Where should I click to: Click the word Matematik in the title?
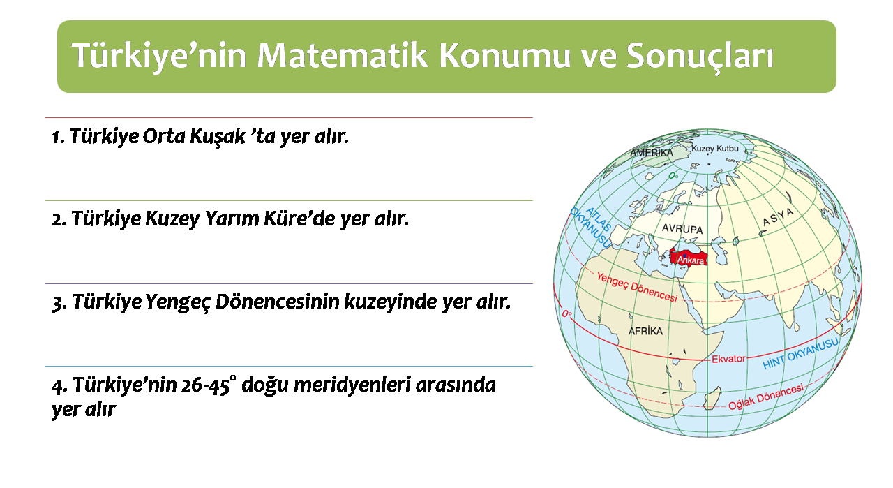click(x=343, y=55)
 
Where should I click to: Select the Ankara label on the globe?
click(x=691, y=260)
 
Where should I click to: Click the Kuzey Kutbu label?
click(x=715, y=149)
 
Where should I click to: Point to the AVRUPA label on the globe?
click(x=682, y=228)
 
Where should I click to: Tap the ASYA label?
click(x=778, y=217)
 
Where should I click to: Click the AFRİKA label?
click(x=645, y=331)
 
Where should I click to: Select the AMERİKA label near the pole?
click(x=652, y=152)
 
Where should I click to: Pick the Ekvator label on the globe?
click(x=728, y=359)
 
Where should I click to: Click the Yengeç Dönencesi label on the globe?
click(x=637, y=287)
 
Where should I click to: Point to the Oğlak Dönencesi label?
click(x=766, y=397)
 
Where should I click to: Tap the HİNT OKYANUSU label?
click(x=800, y=353)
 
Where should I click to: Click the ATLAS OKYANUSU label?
click(x=591, y=227)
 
